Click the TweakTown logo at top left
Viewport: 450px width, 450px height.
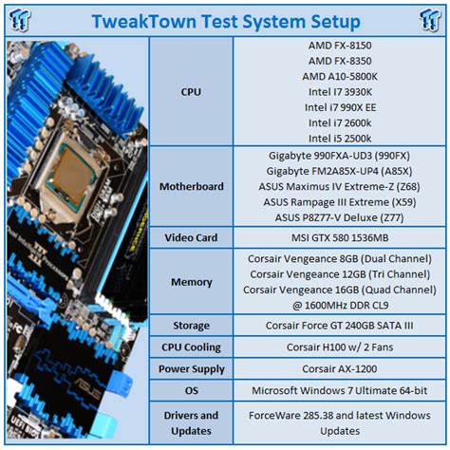pos(20,20)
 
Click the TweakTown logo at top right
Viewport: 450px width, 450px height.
pos(430,20)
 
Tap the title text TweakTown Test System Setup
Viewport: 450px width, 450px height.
pos(226,22)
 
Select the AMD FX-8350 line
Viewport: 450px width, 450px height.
pos(340,61)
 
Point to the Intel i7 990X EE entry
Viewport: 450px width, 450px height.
pos(340,107)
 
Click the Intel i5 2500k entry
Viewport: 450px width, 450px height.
pos(340,139)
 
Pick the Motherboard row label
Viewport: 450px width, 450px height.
pos(192,186)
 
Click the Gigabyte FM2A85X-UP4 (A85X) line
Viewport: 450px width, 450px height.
pos(339,171)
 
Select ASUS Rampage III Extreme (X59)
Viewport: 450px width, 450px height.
pos(340,202)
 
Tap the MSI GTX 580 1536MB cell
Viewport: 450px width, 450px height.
pos(340,237)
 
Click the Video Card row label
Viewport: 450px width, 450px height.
pos(191,237)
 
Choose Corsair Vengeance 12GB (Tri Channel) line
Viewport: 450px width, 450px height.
pos(340,274)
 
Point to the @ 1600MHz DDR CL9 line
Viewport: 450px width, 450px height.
pos(340,306)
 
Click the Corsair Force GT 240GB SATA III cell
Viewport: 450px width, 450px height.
pos(340,326)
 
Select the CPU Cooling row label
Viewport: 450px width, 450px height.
pos(191,347)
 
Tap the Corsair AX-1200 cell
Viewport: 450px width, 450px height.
pos(340,369)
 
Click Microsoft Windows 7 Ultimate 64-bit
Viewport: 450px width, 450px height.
pos(340,390)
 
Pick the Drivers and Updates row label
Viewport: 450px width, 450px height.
pos(191,423)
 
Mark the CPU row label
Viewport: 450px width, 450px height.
pos(191,92)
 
